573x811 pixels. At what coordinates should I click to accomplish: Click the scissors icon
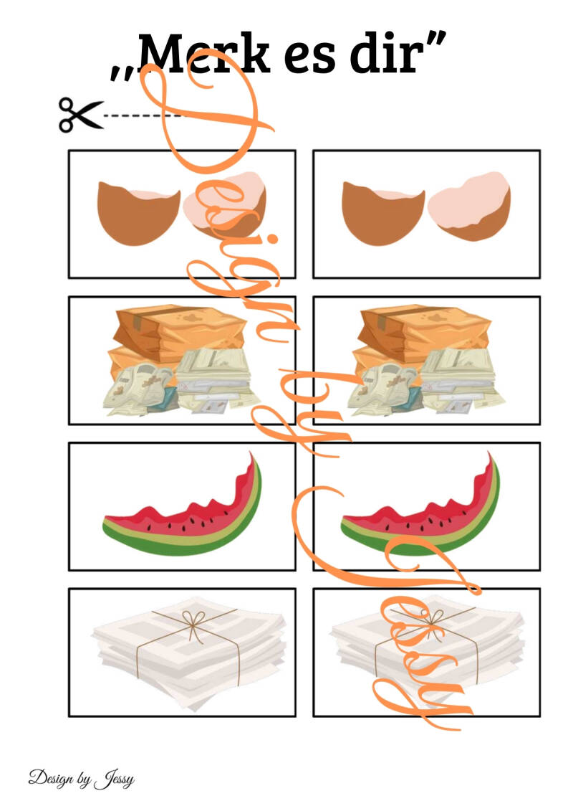click(80, 114)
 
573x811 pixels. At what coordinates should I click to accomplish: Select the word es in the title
click(309, 59)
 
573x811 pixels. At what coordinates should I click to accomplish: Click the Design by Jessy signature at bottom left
click(82, 779)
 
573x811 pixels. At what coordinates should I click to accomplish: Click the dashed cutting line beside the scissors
click(143, 115)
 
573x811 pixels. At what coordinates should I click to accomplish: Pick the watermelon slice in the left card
click(182, 509)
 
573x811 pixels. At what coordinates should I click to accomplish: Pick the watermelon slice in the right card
click(420, 509)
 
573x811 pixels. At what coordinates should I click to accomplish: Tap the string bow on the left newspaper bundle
click(192, 622)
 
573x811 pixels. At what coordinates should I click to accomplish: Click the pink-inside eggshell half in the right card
click(469, 206)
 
